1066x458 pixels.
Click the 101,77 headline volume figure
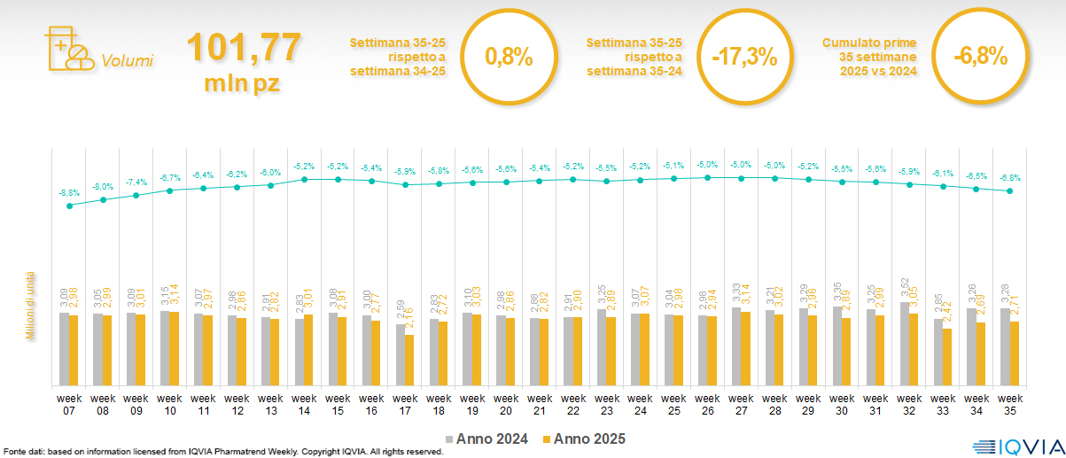[243, 48]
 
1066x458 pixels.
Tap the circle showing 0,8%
[509, 58]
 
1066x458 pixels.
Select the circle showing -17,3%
[744, 58]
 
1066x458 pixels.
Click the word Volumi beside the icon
[128, 61]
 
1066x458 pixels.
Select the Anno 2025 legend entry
[584, 439]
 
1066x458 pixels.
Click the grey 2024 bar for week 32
[905, 344]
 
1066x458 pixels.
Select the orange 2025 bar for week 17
[409, 360]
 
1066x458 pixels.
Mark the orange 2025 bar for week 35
[1015, 353]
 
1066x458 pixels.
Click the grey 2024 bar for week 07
[64, 349]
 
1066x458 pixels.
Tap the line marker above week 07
[69, 206]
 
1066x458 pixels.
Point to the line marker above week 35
[1010, 190]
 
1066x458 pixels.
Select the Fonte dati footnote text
[222, 452]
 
